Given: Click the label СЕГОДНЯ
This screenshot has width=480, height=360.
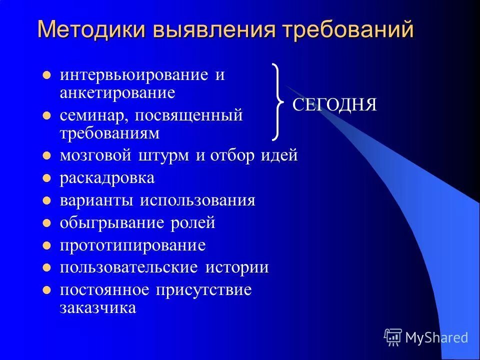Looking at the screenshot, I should [334, 104].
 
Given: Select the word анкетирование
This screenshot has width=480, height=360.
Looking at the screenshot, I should [117, 92].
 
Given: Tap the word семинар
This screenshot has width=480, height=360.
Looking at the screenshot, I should [93, 115].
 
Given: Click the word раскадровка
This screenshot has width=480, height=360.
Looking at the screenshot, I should [107, 178].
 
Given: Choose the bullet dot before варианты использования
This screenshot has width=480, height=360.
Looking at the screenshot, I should [46, 201].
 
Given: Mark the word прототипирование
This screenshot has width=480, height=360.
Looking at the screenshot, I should [132, 245].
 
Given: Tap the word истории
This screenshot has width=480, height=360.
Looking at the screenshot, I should [236, 267].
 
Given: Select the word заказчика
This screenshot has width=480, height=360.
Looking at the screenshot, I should [97, 307].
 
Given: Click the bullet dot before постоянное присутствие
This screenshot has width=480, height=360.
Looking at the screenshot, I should [46, 290].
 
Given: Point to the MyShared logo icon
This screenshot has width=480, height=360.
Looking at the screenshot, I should [393, 337].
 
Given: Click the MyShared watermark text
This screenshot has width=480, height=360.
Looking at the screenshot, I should [436, 338].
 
